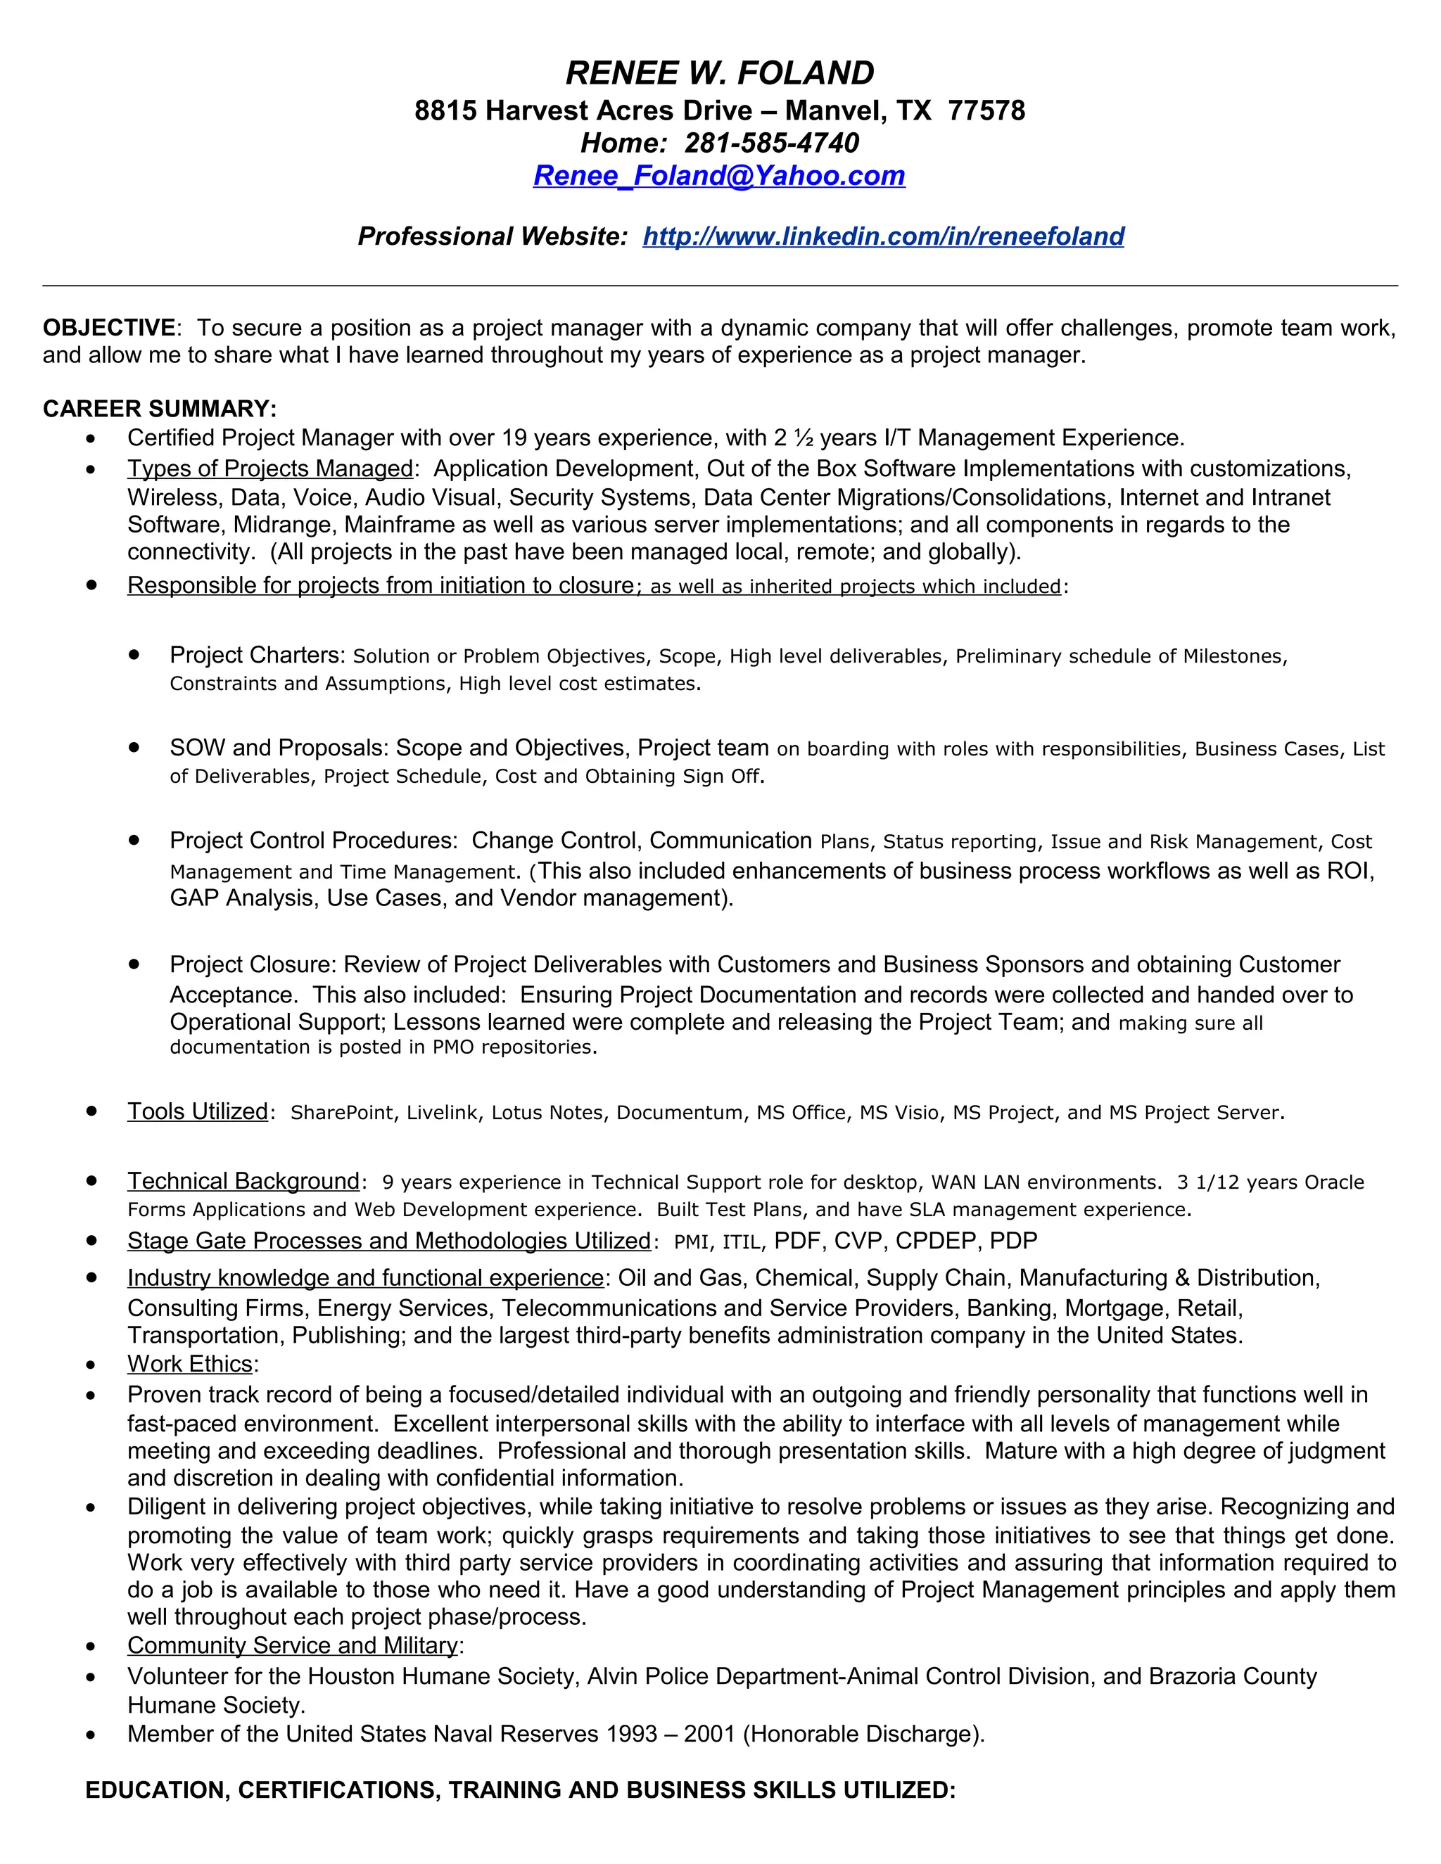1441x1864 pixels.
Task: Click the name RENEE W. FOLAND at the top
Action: click(720, 73)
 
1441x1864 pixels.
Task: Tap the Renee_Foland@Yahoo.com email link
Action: click(719, 175)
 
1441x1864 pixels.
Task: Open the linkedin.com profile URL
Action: click(883, 236)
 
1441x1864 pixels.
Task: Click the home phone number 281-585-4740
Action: click(772, 143)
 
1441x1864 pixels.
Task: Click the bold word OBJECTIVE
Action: click(109, 328)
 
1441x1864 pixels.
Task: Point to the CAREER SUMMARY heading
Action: click(160, 409)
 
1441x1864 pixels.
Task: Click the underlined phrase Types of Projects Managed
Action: click(269, 468)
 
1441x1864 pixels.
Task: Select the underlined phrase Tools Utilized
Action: click(197, 1111)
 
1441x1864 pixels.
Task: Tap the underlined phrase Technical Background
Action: click(243, 1181)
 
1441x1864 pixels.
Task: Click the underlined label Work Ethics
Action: click(189, 1364)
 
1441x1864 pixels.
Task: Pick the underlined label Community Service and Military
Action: click(292, 1645)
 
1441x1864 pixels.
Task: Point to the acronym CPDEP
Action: click(938, 1241)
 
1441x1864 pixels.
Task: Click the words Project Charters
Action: click(255, 655)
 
